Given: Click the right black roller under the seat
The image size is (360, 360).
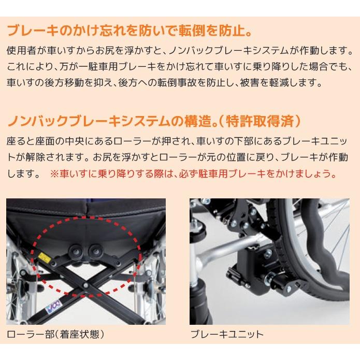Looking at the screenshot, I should point(96,252).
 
